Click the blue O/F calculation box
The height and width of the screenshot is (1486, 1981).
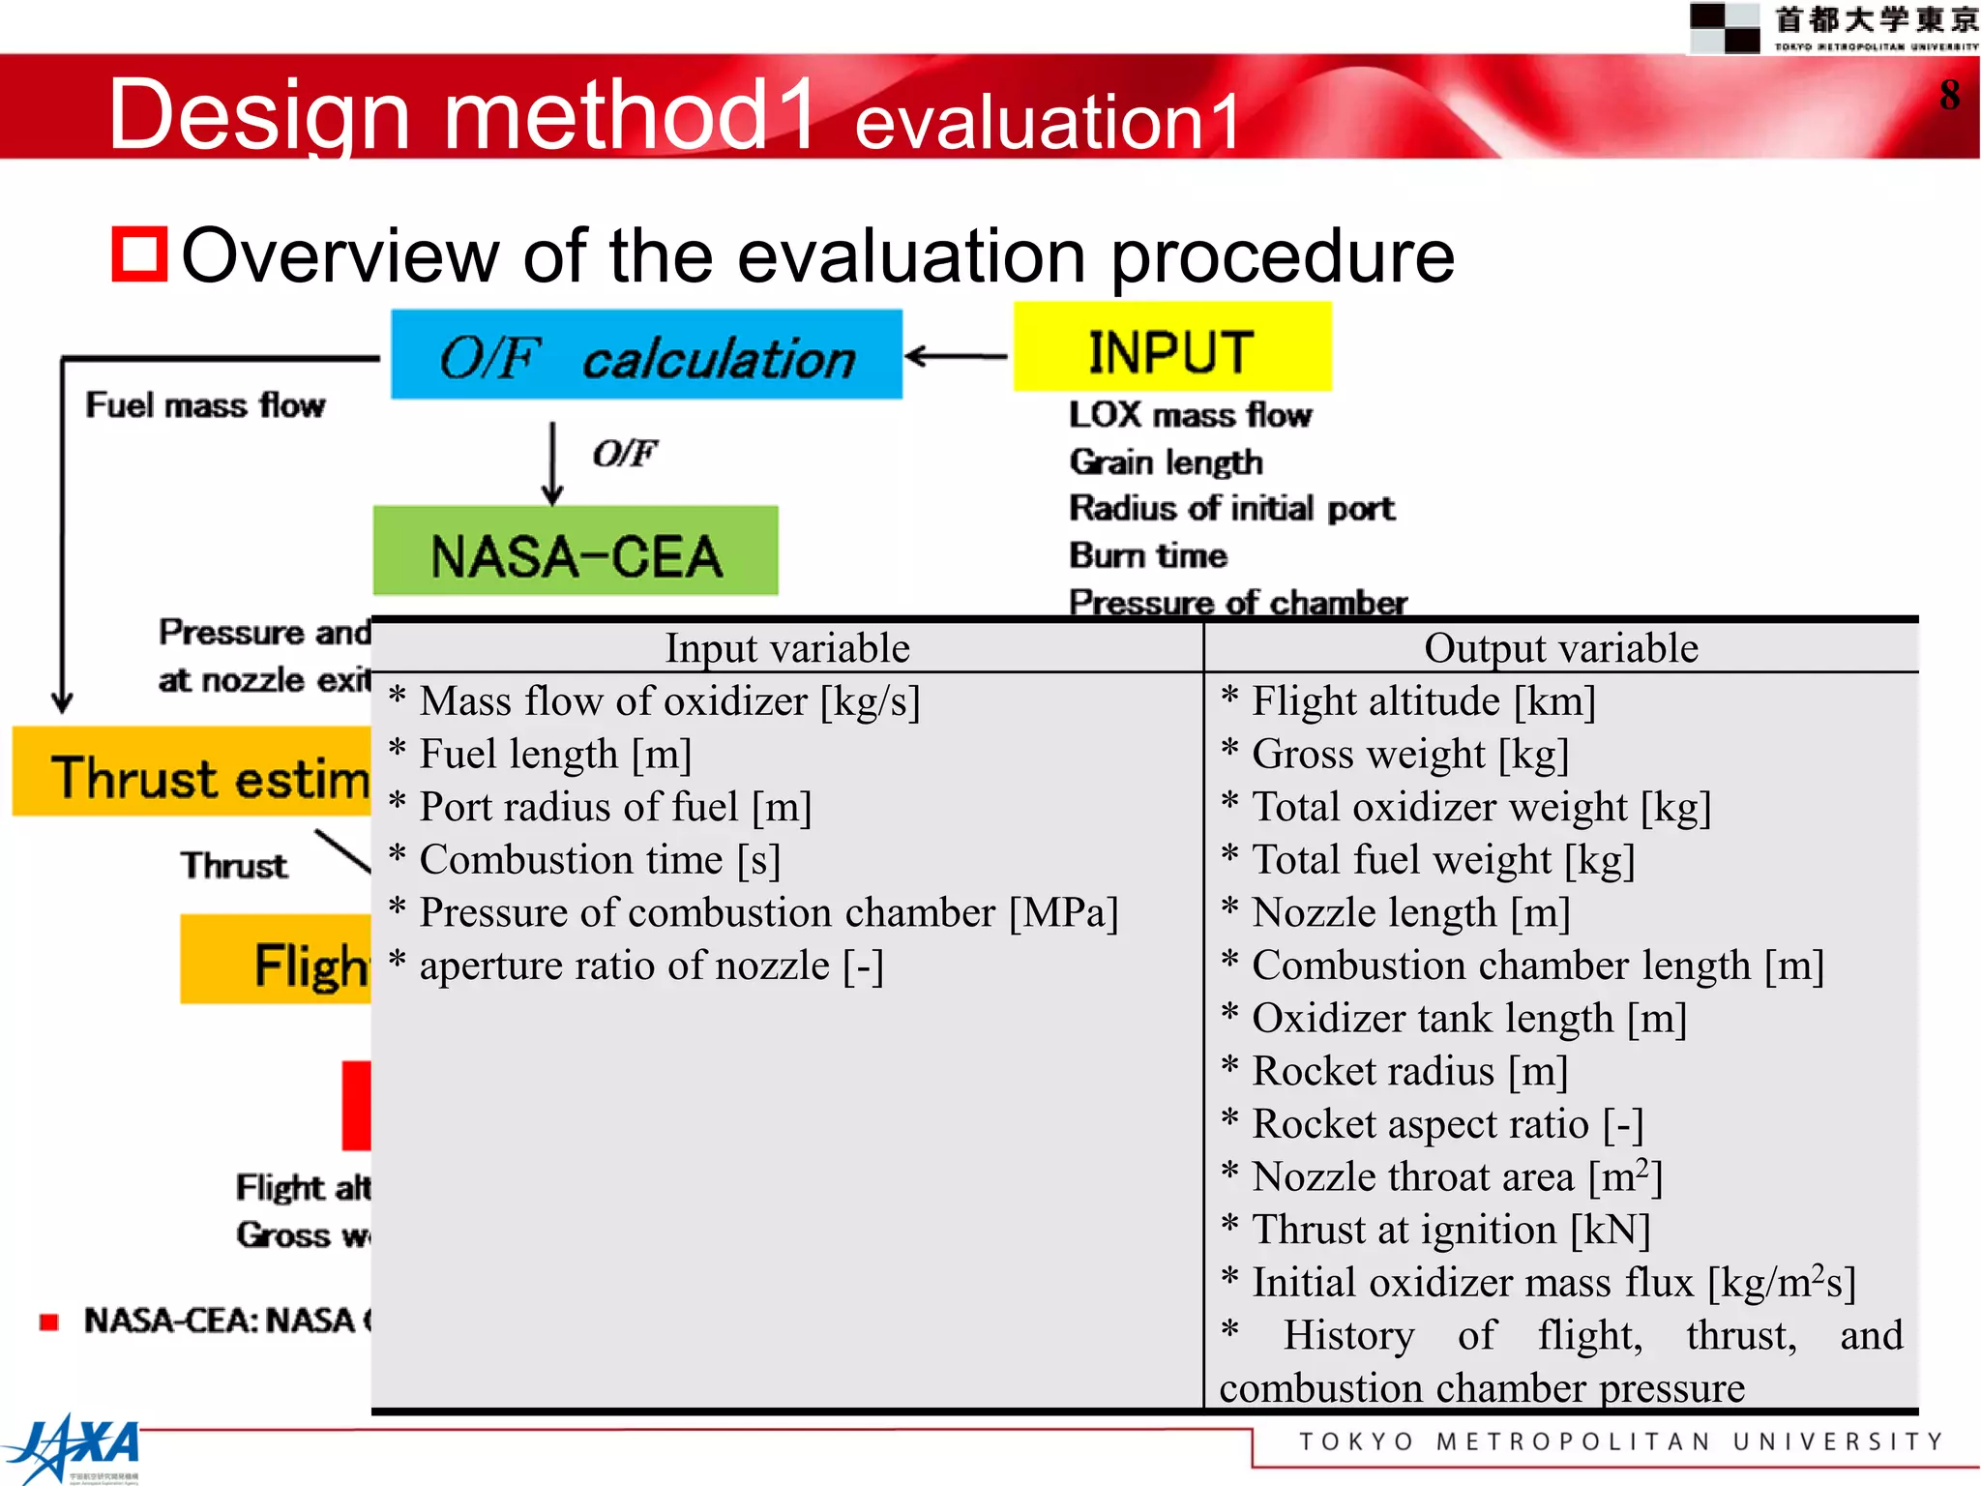(646, 355)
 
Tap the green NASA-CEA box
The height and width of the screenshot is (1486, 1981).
(576, 551)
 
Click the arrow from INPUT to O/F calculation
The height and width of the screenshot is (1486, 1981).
(957, 356)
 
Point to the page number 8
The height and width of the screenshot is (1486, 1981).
(1949, 95)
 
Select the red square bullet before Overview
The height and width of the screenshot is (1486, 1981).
(139, 254)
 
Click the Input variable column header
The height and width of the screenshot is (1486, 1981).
(786, 648)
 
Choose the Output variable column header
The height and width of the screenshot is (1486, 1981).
(1560, 648)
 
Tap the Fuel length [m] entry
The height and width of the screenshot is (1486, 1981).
(554, 755)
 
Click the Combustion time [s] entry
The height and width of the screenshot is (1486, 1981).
(599, 860)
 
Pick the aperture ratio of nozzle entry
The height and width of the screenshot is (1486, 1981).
(650, 966)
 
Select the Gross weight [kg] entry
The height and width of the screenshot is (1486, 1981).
(1408, 755)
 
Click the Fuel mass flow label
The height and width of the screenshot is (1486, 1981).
(205, 404)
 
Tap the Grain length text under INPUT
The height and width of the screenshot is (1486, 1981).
(1166, 462)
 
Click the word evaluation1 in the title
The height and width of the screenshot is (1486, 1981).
(1047, 122)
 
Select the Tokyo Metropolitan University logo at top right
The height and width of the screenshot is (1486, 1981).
(1833, 27)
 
